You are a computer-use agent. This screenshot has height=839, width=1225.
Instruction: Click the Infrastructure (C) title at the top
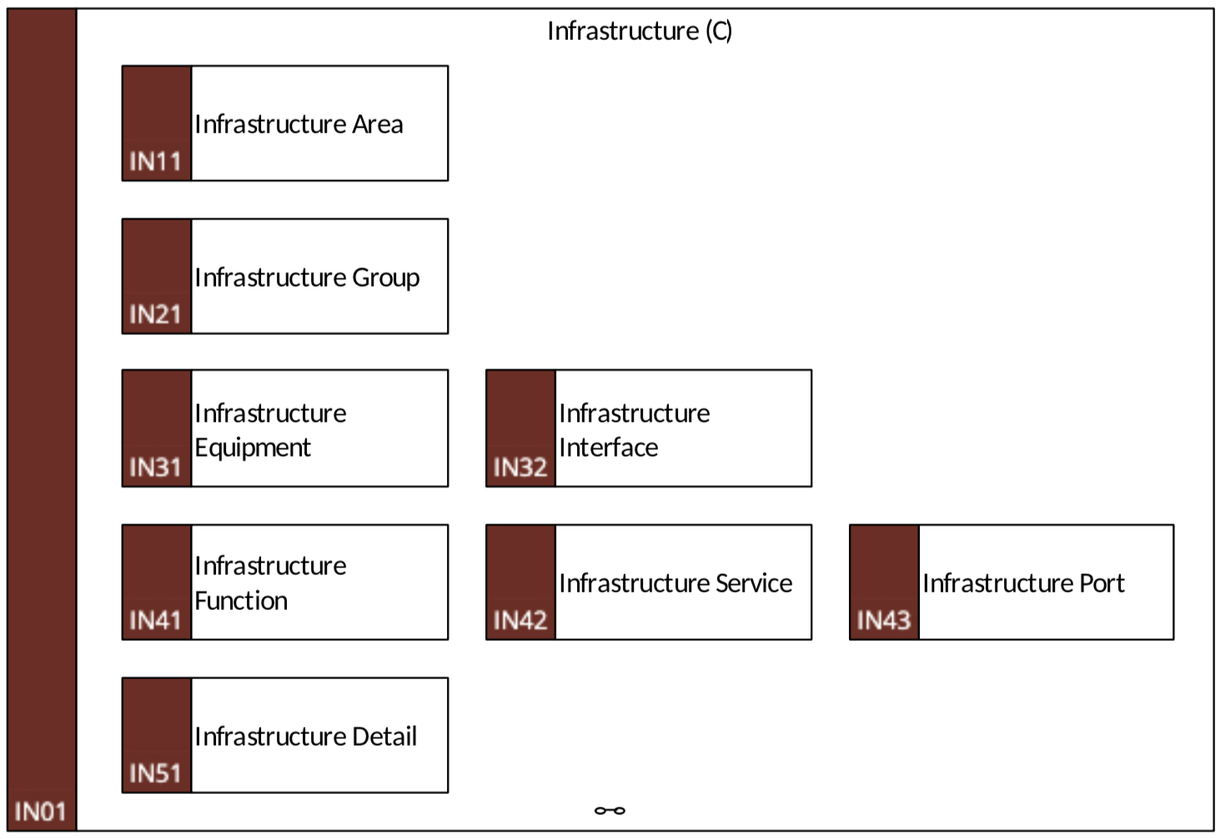pyautogui.click(x=640, y=31)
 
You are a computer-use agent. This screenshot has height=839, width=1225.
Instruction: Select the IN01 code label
pyautogui.click(x=40, y=812)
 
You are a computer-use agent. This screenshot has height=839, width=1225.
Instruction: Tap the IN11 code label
pyautogui.click(x=155, y=162)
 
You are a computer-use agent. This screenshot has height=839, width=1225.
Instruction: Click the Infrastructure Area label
pyautogui.click(x=299, y=124)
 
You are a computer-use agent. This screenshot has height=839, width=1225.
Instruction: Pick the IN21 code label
pyautogui.click(x=155, y=315)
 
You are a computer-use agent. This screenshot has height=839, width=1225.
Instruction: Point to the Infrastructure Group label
pyautogui.click(x=308, y=278)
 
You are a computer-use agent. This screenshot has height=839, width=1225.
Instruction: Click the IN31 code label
pyautogui.click(x=155, y=467)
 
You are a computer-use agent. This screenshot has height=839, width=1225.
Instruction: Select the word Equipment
pyautogui.click(x=253, y=448)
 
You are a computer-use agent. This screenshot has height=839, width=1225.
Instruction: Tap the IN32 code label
pyautogui.click(x=520, y=467)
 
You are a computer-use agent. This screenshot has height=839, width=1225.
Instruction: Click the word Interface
pyautogui.click(x=609, y=447)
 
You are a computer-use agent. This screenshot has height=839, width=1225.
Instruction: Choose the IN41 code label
pyautogui.click(x=155, y=621)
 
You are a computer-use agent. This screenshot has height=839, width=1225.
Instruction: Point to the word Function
pyautogui.click(x=241, y=601)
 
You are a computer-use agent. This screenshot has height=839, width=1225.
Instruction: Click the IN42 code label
pyautogui.click(x=520, y=621)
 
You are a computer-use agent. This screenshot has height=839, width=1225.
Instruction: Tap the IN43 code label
pyautogui.click(x=884, y=621)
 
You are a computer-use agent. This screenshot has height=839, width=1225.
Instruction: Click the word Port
pyautogui.click(x=1102, y=583)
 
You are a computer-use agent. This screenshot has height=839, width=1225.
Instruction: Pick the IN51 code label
pyautogui.click(x=155, y=773)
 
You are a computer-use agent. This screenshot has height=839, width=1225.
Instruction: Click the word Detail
pyautogui.click(x=384, y=737)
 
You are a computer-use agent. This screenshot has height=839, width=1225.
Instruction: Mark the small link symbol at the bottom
pyautogui.click(x=610, y=811)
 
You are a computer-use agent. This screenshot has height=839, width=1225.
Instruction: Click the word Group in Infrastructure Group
pyautogui.click(x=386, y=278)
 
